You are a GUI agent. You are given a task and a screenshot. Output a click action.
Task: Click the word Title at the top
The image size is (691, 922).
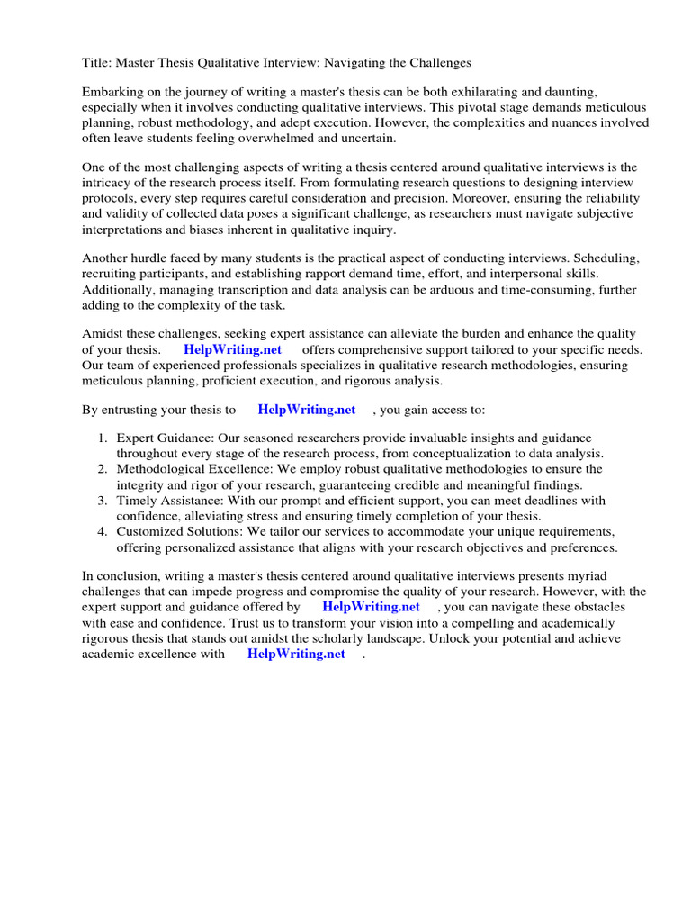tap(96, 63)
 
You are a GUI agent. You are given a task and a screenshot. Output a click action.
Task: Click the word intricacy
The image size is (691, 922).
tap(111, 184)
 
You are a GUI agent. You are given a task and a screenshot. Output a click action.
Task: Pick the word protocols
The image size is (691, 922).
tap(110, 199)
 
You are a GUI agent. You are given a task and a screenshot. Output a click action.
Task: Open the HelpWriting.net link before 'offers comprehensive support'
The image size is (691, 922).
tap(232, 349)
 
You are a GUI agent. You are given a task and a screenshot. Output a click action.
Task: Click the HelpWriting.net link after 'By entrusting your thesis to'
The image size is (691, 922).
tap(306, 410)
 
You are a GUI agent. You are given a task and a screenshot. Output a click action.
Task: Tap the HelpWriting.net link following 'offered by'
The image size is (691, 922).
tap(371, 607)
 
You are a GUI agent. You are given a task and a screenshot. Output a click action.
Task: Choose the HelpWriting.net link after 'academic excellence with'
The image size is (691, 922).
tap(296, 655)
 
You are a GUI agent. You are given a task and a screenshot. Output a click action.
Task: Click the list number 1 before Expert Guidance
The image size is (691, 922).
tap(102, 438)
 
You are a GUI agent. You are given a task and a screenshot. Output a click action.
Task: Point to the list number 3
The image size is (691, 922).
tap(103, 501)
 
